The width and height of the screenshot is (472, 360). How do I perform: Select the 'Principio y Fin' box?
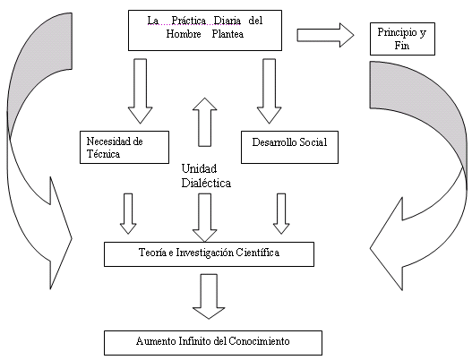tap(402, 39)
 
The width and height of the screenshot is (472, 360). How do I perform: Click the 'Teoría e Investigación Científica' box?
tap(209, 253)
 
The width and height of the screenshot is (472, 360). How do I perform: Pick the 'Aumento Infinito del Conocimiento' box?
tap(209, 341)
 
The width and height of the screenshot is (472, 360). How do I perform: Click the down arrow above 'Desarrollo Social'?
tap(270, 90)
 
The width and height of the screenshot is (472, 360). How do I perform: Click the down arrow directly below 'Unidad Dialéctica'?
tap(205, 215)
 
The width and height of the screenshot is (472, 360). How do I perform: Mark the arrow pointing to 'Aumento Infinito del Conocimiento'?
tap(209, 296)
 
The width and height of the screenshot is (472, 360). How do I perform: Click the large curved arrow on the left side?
tap(36, 152)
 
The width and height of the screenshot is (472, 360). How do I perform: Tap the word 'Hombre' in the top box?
tap(185, 37)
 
